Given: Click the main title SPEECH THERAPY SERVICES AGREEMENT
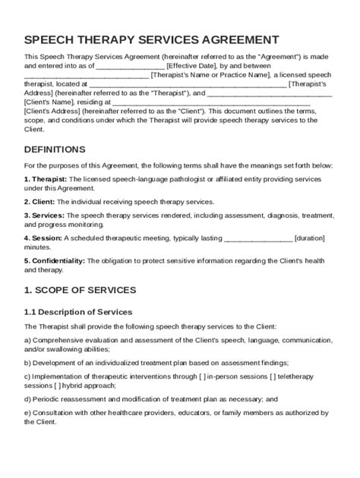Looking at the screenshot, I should [151, 40].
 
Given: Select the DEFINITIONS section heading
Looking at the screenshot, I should [55, 149].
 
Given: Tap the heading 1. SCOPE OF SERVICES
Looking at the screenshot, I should [80, 290].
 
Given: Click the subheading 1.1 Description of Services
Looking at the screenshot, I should [78, 312].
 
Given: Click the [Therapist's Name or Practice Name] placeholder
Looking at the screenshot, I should [210, 75].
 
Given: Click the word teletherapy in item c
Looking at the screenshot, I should [306, 376].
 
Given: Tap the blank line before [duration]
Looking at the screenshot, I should [258, 238].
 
